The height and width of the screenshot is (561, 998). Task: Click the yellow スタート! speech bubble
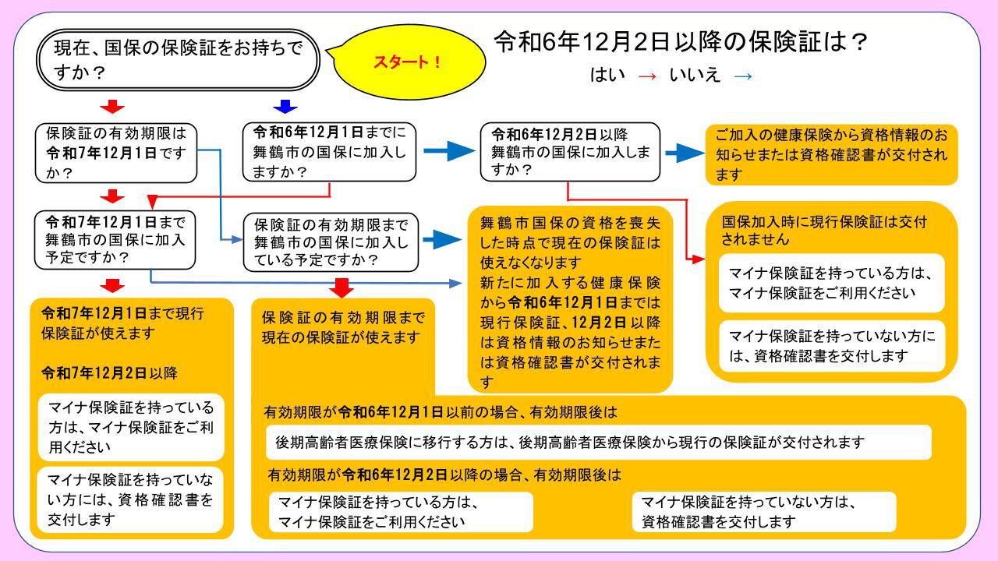coord(409,62)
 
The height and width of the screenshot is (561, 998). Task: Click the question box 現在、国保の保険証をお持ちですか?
coord(179,60)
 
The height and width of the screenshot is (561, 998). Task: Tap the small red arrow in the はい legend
coord(647,76)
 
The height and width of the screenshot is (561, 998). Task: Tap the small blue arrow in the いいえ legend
coord(743,76)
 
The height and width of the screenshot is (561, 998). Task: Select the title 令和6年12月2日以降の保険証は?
coord(681,42)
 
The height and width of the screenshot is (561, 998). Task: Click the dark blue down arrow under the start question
coord(285,107)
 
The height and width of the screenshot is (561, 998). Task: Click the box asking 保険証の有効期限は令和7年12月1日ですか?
coord(116,153)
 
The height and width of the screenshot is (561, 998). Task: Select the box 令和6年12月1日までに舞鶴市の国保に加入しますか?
coord(329,152)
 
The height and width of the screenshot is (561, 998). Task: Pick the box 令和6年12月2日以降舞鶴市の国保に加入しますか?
coord(570,152)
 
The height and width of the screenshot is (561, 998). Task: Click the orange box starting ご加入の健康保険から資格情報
coord(831,154)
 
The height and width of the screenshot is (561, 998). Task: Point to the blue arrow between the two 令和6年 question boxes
coord(449,151)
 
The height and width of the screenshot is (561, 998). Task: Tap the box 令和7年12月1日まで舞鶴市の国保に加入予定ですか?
coord(115,240)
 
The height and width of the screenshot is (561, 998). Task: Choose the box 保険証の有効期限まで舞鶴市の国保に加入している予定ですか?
coord(331,242)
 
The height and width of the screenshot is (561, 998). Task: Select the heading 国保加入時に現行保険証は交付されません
coord(824,231)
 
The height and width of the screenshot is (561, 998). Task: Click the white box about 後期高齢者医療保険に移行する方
coord(598,442)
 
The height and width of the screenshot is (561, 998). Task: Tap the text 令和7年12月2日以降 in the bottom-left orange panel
coord(109,373)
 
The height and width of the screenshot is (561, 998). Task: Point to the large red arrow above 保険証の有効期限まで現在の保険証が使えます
coord(342,288)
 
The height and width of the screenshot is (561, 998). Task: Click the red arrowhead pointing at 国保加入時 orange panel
coord(699,259)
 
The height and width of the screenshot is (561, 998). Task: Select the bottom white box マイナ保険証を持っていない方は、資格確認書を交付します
coord(763,512)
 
